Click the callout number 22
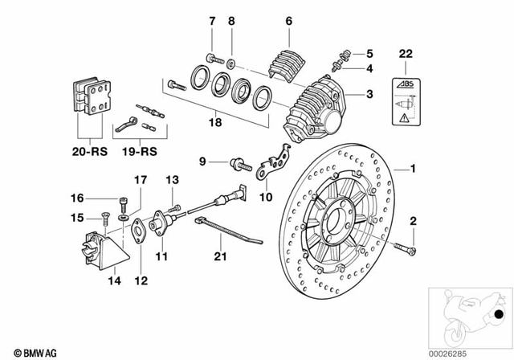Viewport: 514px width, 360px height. (405, 54)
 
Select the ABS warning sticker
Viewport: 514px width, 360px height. (405, 102)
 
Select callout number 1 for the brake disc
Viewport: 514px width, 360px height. (414, 169)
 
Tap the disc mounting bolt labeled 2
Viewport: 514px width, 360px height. (406, 248)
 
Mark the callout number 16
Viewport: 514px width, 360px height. (76, 198)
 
